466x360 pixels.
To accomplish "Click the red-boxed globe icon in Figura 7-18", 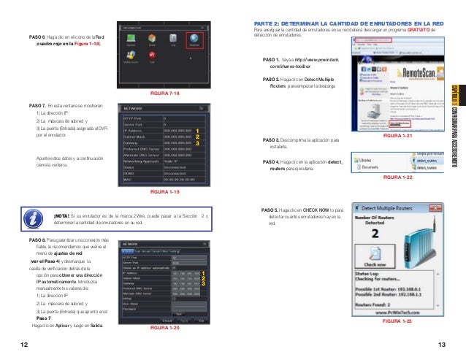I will tap(195, 43).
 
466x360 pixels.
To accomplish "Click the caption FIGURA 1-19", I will tap(164, 191).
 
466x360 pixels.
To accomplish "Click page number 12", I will tap(24, 344).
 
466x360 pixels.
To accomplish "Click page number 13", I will tap(441, 344).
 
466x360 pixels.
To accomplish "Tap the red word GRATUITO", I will tap(422, 30).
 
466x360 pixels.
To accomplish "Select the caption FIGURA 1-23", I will tap(397, 321).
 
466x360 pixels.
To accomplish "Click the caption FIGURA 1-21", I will tap(397, 137).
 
